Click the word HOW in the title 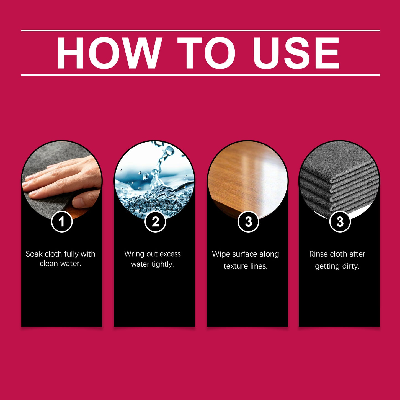tap(109, 53)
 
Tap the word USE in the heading tap(296, 53)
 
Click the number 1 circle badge tap(62, 221)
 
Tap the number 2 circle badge tap(155, 221)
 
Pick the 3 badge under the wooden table tap(248, 221)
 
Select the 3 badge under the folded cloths tap(340, 221)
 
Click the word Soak tap(34, 254)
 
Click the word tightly tap(163, 264)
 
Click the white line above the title tap(200, 30)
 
